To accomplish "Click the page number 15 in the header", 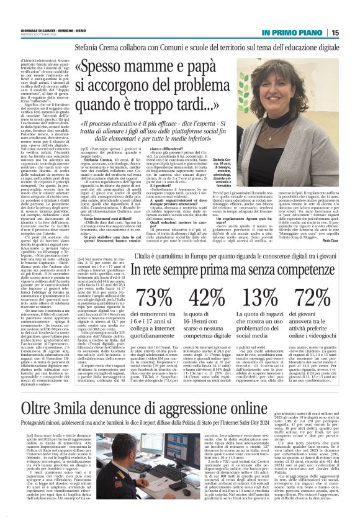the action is [351, 32].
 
